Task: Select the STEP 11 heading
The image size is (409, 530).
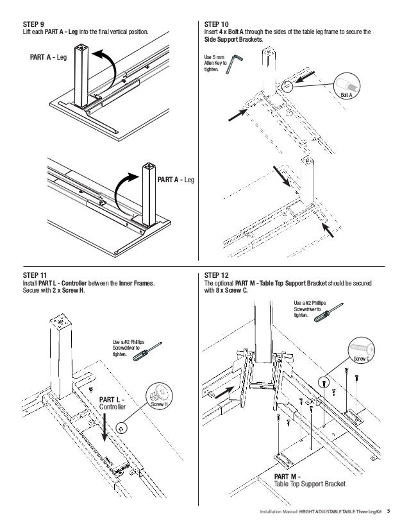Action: [33, 275]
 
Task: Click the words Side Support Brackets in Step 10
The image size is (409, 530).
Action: [229, 38]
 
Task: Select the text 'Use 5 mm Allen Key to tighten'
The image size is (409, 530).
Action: [211, 67]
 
